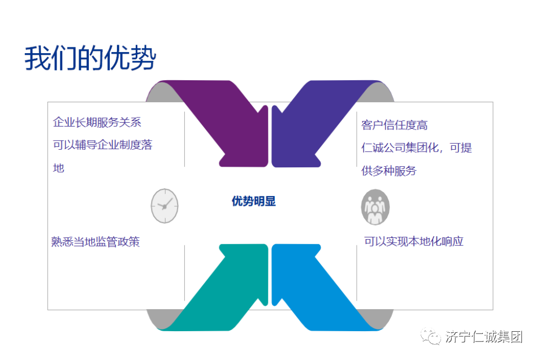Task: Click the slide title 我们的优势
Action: (90, 59)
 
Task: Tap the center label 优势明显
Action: (253, 201)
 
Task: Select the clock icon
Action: (165, 206)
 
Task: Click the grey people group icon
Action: (375, 207)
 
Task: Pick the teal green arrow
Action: (226, 288)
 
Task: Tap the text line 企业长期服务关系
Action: (97, 122)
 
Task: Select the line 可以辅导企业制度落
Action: (102, 145)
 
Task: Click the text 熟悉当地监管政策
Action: (96, 242)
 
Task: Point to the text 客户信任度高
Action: (394, 125)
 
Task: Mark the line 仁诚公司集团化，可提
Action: (417, 148)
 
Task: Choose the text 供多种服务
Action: (389, 171)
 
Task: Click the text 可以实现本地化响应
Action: (414, 241)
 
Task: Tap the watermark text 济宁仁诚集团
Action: (483, 337)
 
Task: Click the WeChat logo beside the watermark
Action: (433, 337)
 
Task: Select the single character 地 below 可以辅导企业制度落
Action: (59, 168)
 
